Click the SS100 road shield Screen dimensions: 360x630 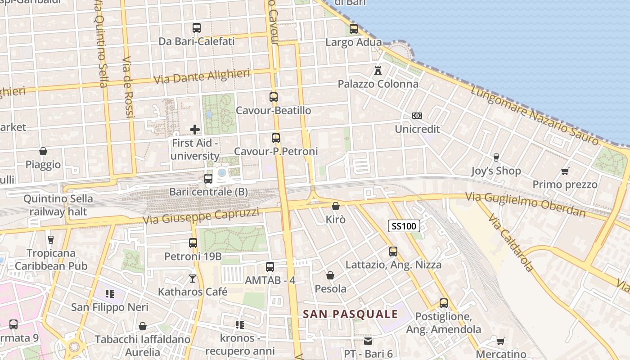coord(404,226)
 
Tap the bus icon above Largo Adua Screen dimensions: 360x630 coord(354,29)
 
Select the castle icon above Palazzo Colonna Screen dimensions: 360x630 coord(378,71)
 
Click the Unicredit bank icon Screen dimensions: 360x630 coord(417,116)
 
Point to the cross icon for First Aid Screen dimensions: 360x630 coord(195,130)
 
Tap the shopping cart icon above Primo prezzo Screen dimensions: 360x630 coord(565,171)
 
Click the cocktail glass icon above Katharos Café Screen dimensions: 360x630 coord(193,279)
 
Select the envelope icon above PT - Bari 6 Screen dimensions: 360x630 coord(368,341)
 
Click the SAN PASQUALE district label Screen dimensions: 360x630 coord(351,314)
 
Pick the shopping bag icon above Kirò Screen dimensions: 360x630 coord(336,206)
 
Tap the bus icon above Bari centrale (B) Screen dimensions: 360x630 coord(208,178)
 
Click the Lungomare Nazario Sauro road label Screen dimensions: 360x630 coord(535,115)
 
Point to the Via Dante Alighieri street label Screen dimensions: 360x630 coord(202,76)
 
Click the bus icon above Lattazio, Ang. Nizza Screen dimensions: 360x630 coord(393,252)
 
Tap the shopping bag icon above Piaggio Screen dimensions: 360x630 coord(43,151)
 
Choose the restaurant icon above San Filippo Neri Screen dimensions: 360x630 coord(109,294)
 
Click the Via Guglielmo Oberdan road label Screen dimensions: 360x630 coord(525,204)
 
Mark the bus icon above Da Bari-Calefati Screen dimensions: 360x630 coord(197,28)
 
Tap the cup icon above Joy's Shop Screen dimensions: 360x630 coord(496,157)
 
